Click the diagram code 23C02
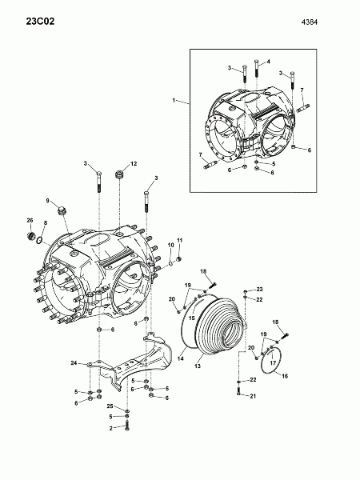point(40,22)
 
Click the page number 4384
point(310,22)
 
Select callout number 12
point(134,164)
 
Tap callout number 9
point(47,201)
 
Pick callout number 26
point(30,220)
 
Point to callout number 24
point(74,362)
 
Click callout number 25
point(110,406)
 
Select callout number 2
point(111,429)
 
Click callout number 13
point(198,366)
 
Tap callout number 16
point(285,376)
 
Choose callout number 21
point(253,396)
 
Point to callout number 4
point(269,62)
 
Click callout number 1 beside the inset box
point(174,100)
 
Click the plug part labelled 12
point(118,174)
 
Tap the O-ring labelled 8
point(39,241)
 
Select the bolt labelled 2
point(127,426)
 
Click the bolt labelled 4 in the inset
point(257,68)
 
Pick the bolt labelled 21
point(238,390)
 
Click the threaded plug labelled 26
point(30,236)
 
